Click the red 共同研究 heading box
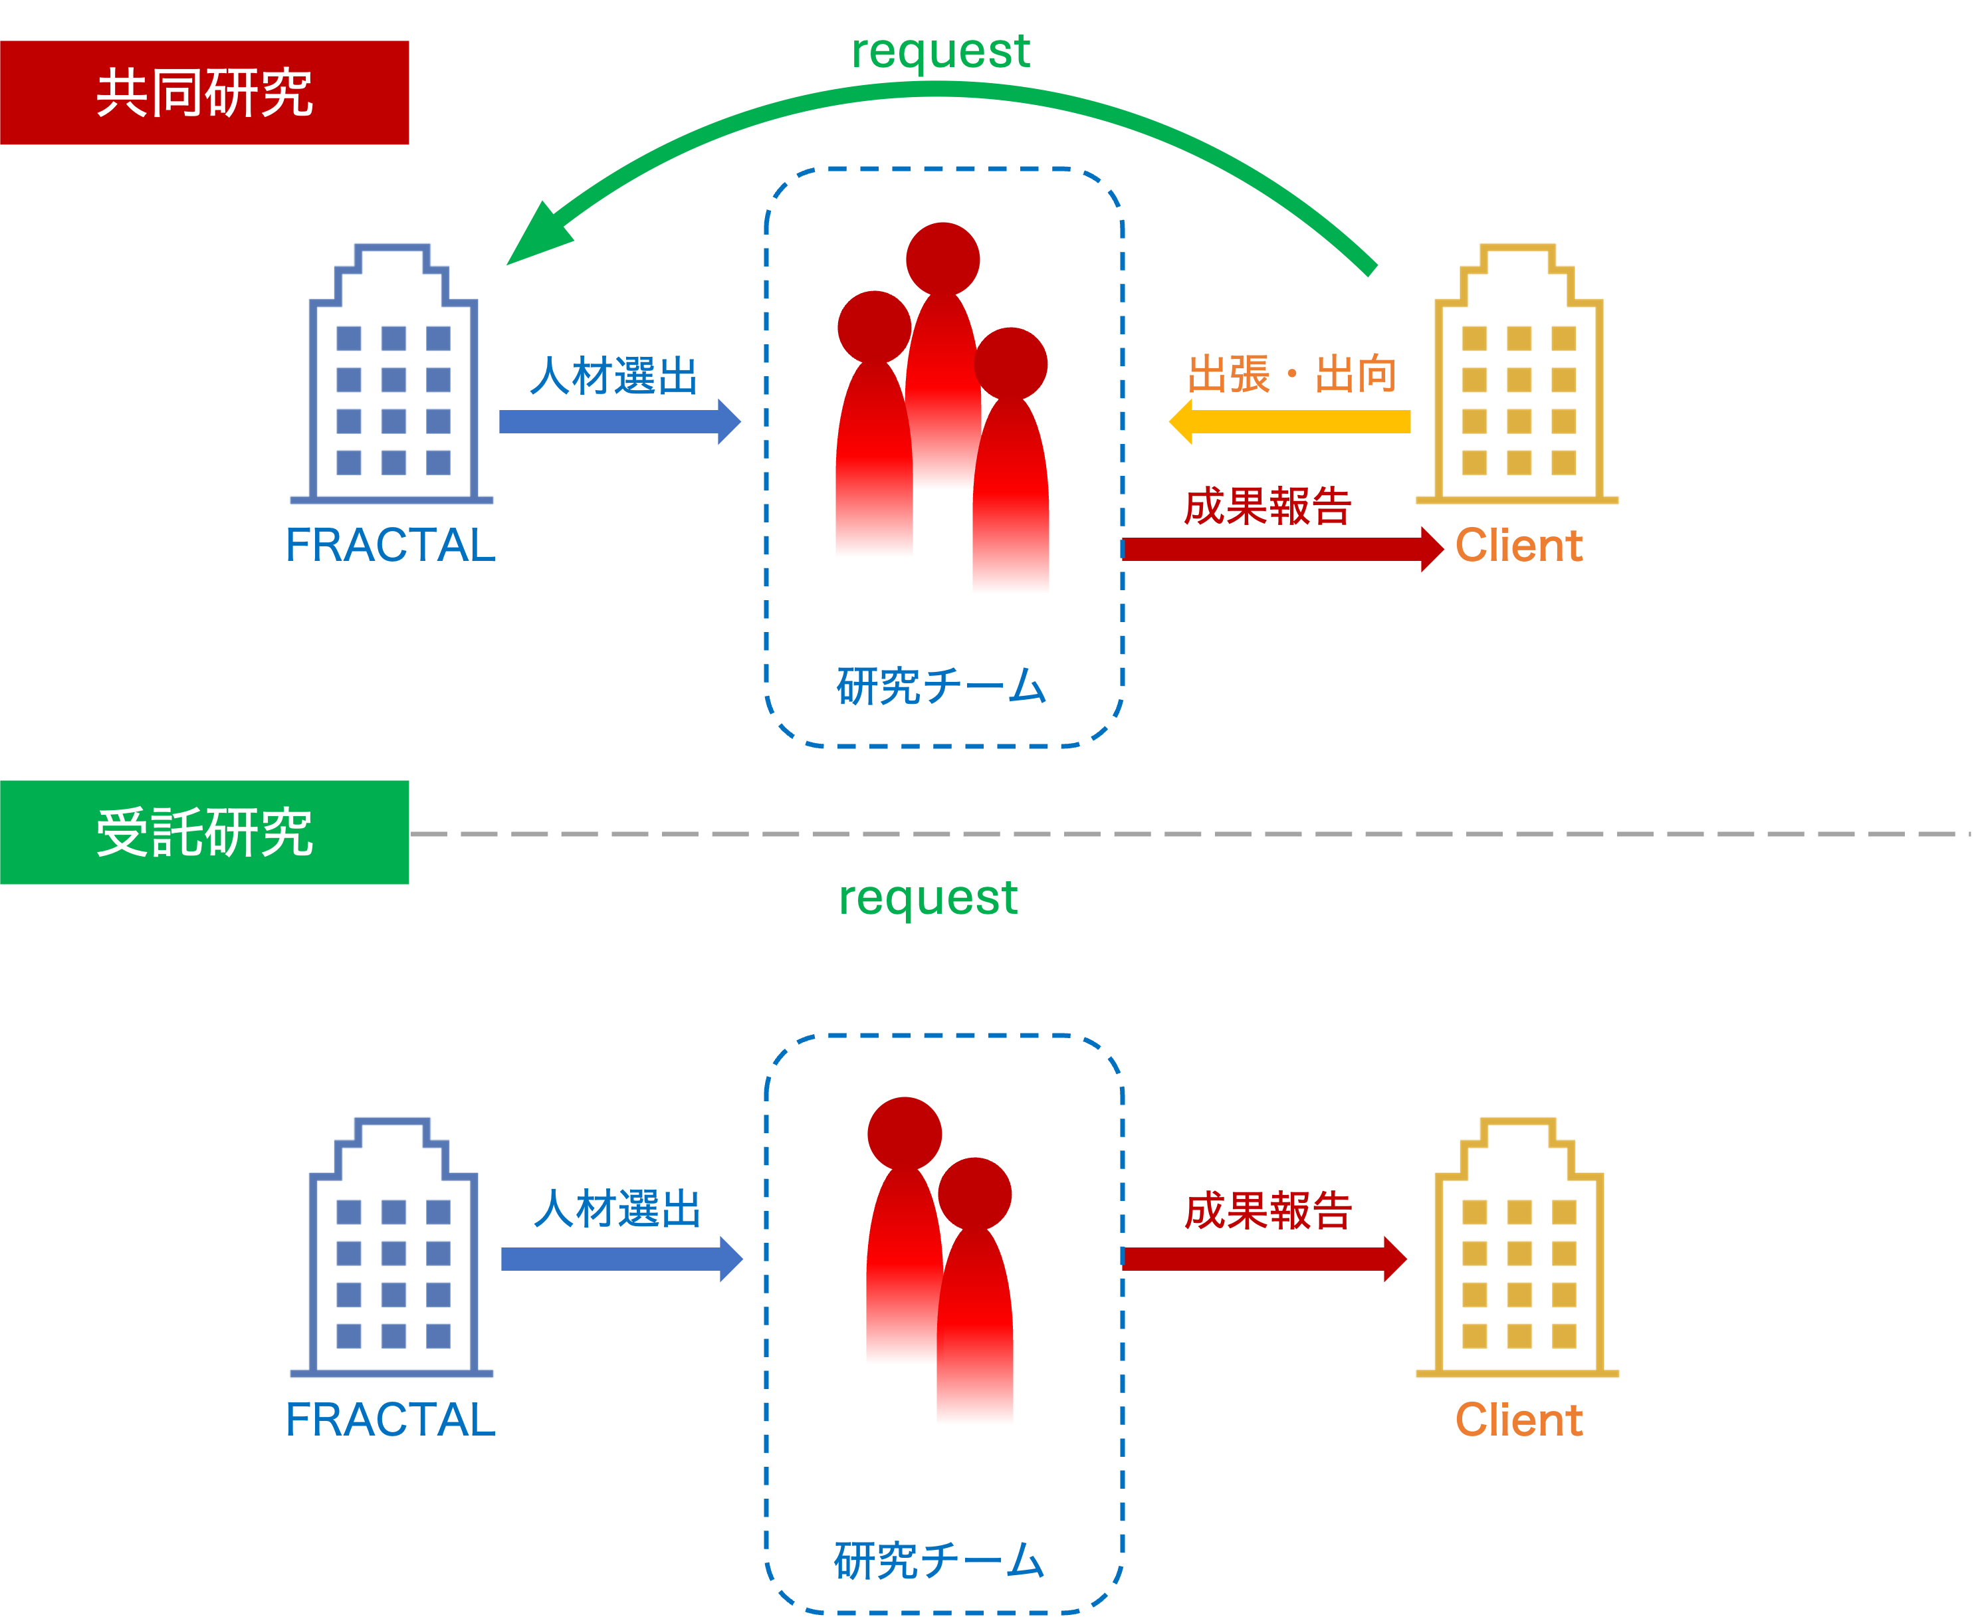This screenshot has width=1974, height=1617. pyautogui.click(x=204, y=92)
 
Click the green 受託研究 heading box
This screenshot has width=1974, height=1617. pyautogui.click(x=204, y=832)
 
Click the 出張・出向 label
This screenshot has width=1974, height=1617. pyautogui.click(x=1292, y=374)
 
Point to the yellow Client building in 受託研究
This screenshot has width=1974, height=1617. pyautogui.click(x=1519, y=1248)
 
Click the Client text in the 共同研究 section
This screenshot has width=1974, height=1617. pyautogui.click(x=1519, y=545)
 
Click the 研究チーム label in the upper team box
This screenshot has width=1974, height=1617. pyautogui.click(x=941, y=687)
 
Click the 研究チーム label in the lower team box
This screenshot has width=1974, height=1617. pyautogui.click(x=939, y=1561)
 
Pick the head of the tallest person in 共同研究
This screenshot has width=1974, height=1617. pyautogui.click(x=942, y=259)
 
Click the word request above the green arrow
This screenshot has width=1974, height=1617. pyautogui.click(x=941, y=51)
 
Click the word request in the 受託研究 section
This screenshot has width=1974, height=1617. pyautogui.click(x=928, y=898)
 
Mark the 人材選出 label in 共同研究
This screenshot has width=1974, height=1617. pyautogui.click(x=614, y=376)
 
